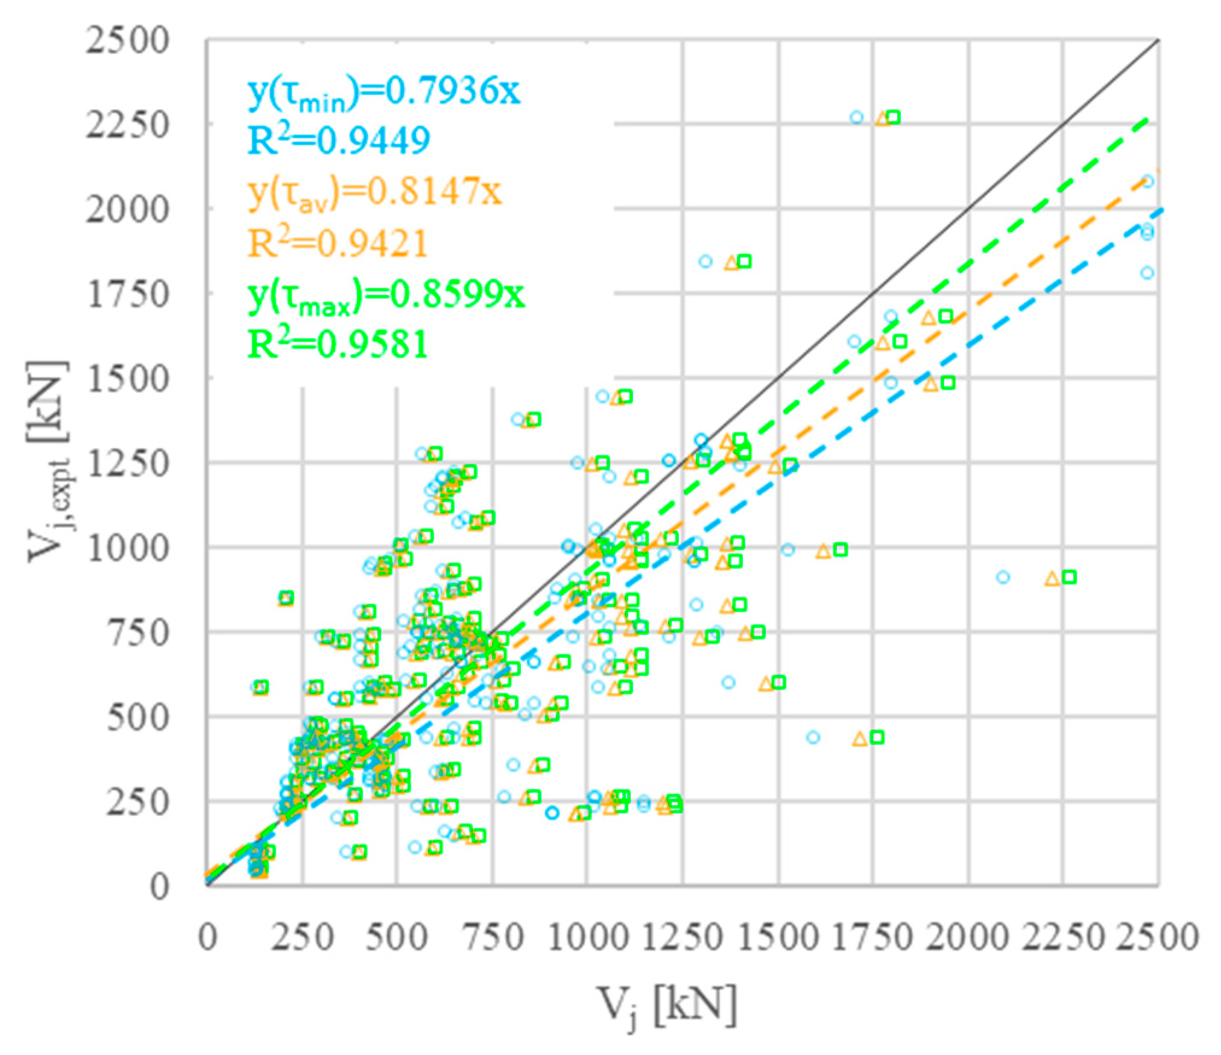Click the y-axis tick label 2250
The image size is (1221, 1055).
(x=127, y=125)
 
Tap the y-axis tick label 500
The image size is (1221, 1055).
(x=137, y=718)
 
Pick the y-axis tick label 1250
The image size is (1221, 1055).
(x=127, y=464)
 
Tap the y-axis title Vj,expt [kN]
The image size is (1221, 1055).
(x=49, y=462)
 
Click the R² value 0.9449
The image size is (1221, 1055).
(x=339, y=140)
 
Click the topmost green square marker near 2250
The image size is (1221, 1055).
(x=893, y=118)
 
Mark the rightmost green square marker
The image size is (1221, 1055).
(x=1069, y=577)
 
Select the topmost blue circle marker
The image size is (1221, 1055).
(x=857, y=118)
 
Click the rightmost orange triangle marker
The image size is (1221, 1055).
(x=1052, y=579)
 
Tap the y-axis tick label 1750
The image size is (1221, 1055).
(x=127, y=295)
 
